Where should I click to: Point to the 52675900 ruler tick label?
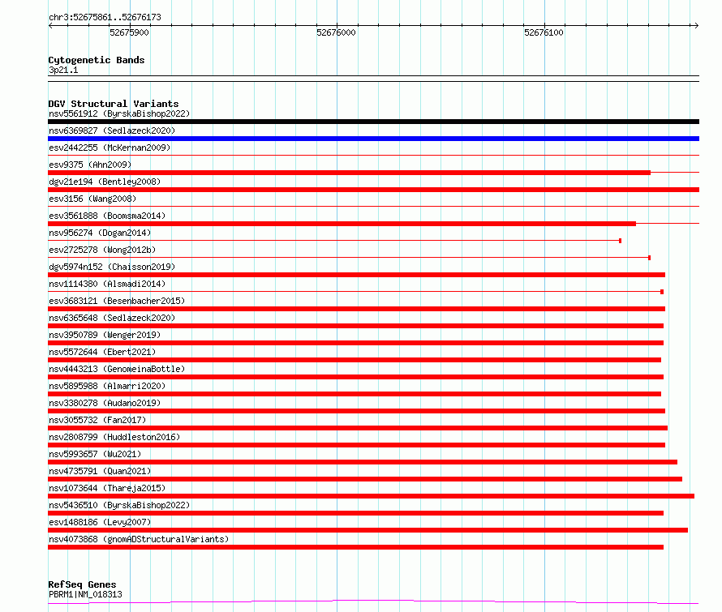pyautogui.click(x=129, y=33)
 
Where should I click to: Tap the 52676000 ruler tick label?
pyautogui.click(x=336, y=33)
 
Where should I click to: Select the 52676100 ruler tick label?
pyautogui.click(x=544, y=33)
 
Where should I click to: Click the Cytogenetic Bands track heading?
pyautogui.click(x=97, y=60)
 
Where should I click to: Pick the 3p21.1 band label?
pyautogui.click(x=63, y=71)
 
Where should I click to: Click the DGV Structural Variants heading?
pyautogui.click(x=114, y=104)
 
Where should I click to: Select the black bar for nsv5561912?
pyautogui.click(x=373, y=122)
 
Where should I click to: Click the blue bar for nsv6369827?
pyautogui.click(x=373, y=139)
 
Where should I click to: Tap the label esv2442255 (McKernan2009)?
pyautogui.click(x=110, y=148)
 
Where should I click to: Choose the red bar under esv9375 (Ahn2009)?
pyautogui.click(x=349, y=173)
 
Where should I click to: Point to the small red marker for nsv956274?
pyautogui.click(x=620, y=241)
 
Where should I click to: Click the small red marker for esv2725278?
pyautogui.click(x=649, y=258)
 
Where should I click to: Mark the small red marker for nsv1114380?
pyautogui.click(x=662, y=292)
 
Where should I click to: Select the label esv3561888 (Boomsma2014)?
pyautogui.click(x=107, y=216)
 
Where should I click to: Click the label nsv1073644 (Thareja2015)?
pyautogui.click(x=107, y=488)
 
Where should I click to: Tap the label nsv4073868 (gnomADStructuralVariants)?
pyautogui.click(x=139, y=539)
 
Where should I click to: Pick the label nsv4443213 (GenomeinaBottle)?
pyautogui.click(x=117, y=369)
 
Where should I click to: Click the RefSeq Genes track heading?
pyautogui.click(x=82, y=584)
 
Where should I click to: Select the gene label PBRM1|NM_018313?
pyautogui.click(x=85, y=594)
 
